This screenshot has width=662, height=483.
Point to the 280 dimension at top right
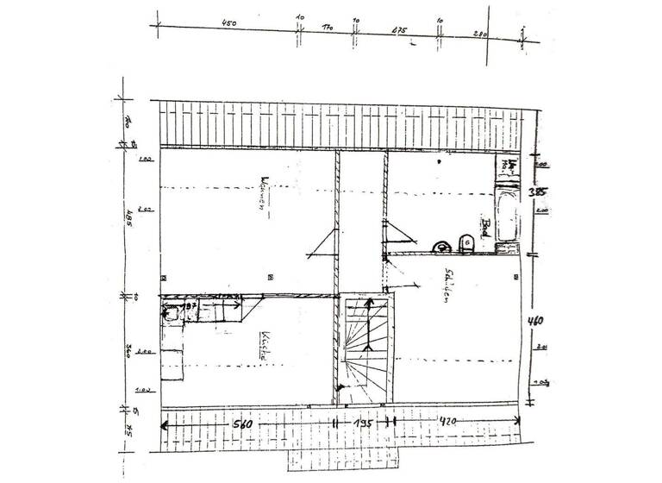(480, 33)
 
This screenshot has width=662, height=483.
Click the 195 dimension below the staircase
(362, 424)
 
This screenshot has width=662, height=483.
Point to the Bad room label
(486, 228)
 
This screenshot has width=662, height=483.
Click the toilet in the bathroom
(466, 242)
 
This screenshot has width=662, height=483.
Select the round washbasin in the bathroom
(442, 247)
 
